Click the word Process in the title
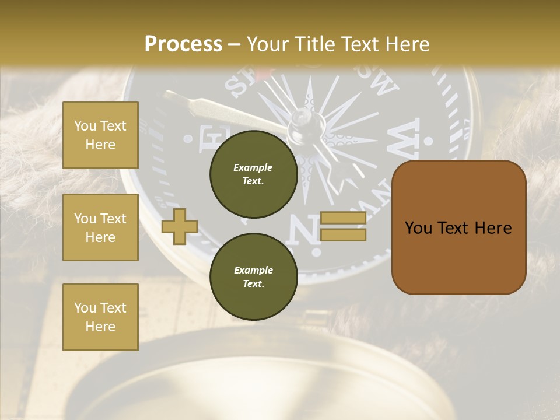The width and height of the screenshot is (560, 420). [x=183, y=44]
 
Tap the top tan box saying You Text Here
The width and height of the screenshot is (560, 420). [x=100, y=135]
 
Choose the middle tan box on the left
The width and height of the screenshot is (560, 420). [x=100, y=228]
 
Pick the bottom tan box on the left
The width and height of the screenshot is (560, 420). [x=100, y=317]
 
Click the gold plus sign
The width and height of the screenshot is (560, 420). [x=179, y=226]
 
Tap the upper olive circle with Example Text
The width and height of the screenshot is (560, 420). [x=254, y=174]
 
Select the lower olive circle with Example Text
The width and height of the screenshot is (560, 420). [x=254, y=277]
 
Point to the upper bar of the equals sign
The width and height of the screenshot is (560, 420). [x=344, y=218]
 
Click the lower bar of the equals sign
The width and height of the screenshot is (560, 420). [x=344, y=235]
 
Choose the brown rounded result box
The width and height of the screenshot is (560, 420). [x=459, y=228]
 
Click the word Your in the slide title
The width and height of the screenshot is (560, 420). [x=269, y=44]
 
